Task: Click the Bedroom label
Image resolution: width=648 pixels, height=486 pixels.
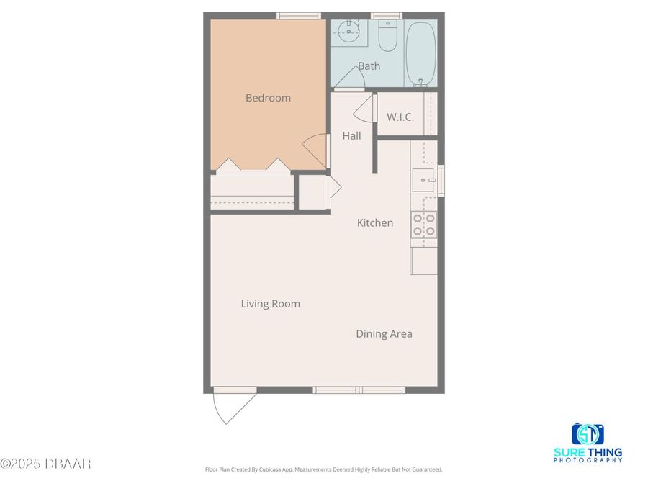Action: click(x=268, y=98)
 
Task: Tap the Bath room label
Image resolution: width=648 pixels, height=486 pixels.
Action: click(x=369, y=66)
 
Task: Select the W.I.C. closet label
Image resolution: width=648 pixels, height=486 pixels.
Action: click(x=400, y=117)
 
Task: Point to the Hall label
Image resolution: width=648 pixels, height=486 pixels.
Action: click(x=351, y=135)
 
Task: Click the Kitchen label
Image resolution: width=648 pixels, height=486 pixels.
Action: click(x=375, y=222)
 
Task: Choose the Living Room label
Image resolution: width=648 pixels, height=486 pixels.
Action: click(x=270, y=304)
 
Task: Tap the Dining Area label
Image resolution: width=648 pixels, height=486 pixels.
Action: click(x=384, y=334)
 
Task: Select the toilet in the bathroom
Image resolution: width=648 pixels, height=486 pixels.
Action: click(x=387, y=40)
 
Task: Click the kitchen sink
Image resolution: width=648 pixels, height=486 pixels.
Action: click(x=423, y=180)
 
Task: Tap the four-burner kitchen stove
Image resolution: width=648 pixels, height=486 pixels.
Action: click(x=423, y=225)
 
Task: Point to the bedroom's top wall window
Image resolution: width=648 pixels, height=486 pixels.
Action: click(x=299, y=15)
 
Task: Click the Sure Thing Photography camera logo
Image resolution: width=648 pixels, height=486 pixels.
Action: click(x=588, y=434)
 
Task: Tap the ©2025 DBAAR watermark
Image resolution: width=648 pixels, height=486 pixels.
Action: click(x=45, y=463)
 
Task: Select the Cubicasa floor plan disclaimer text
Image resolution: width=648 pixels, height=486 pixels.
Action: click(x=324, y=469)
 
